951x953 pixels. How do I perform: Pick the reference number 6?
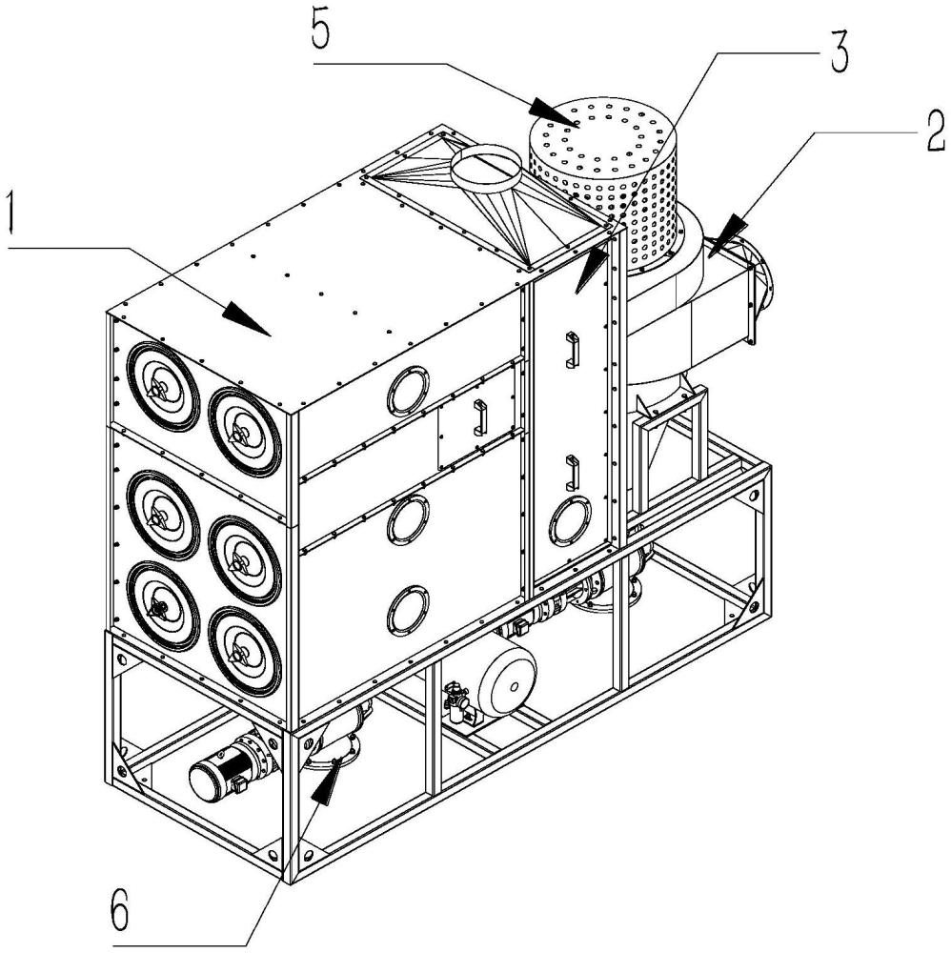click(x=120, y=913)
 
